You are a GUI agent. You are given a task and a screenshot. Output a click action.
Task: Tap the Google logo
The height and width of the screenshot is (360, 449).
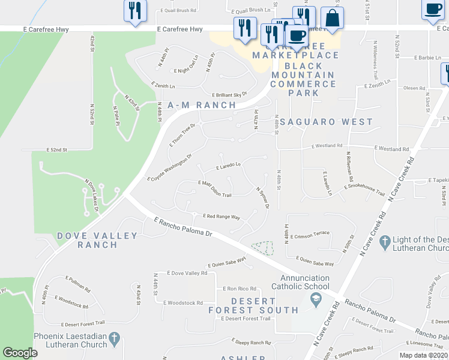pos(20,353)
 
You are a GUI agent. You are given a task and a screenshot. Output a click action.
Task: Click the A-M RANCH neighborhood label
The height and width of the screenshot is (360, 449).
pos(202,105)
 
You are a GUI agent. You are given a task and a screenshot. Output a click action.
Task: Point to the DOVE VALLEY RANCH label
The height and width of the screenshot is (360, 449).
pos(97,240)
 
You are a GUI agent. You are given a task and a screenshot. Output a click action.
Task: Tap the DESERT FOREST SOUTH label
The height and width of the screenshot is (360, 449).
pos(253,305)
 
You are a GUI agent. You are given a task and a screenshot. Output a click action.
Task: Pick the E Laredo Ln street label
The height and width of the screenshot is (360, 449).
pos(228,166)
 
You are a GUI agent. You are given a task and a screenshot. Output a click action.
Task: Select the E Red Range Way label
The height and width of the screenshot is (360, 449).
pos(222,216)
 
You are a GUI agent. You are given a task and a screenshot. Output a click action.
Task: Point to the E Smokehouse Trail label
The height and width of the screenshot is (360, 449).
pos(364,190)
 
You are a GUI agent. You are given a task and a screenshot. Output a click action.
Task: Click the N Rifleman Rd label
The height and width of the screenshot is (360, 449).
pos(348,166)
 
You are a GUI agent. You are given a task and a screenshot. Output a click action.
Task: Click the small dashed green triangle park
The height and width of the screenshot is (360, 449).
pos(262,247)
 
